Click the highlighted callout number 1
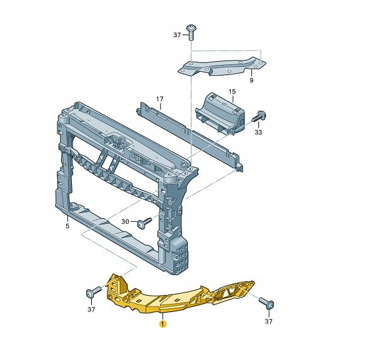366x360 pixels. pos(163,324)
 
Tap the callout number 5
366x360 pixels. pos(67,226)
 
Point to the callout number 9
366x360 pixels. pos(251,80)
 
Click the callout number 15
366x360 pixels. pos(232,91)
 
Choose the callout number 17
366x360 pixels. pos(159,99)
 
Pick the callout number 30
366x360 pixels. pos(125,221)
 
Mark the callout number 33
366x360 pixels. pos(258,132)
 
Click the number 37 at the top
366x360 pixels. pos(177,35)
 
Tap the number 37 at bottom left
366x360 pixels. pos(91,310)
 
